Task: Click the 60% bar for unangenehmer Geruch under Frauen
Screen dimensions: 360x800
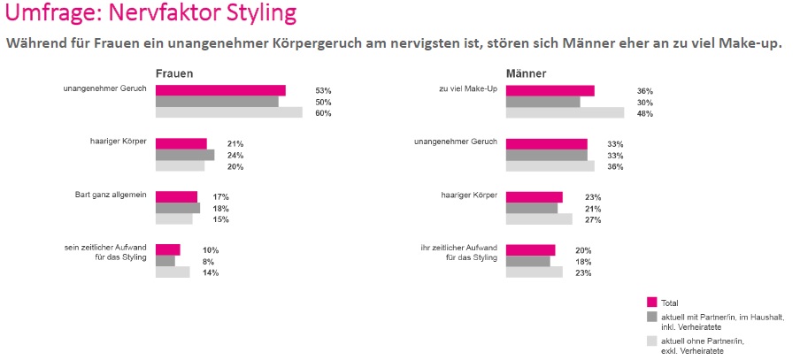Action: click(228, 112)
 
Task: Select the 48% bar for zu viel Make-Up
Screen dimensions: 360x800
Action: click(565, 112)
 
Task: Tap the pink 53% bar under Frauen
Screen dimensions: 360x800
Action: click(220, 90)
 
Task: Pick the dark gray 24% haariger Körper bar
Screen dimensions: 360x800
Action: click(185, 155)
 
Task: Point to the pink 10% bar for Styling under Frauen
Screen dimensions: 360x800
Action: click(167, 250)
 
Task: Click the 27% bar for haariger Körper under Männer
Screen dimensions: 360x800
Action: click(539, 219)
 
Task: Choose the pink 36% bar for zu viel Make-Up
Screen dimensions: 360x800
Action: click(550, 90)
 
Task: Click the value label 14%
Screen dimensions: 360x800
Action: click(211, 272)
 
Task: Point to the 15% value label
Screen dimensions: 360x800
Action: click(211, 219)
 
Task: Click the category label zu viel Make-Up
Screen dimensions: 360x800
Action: click(468, 88)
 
